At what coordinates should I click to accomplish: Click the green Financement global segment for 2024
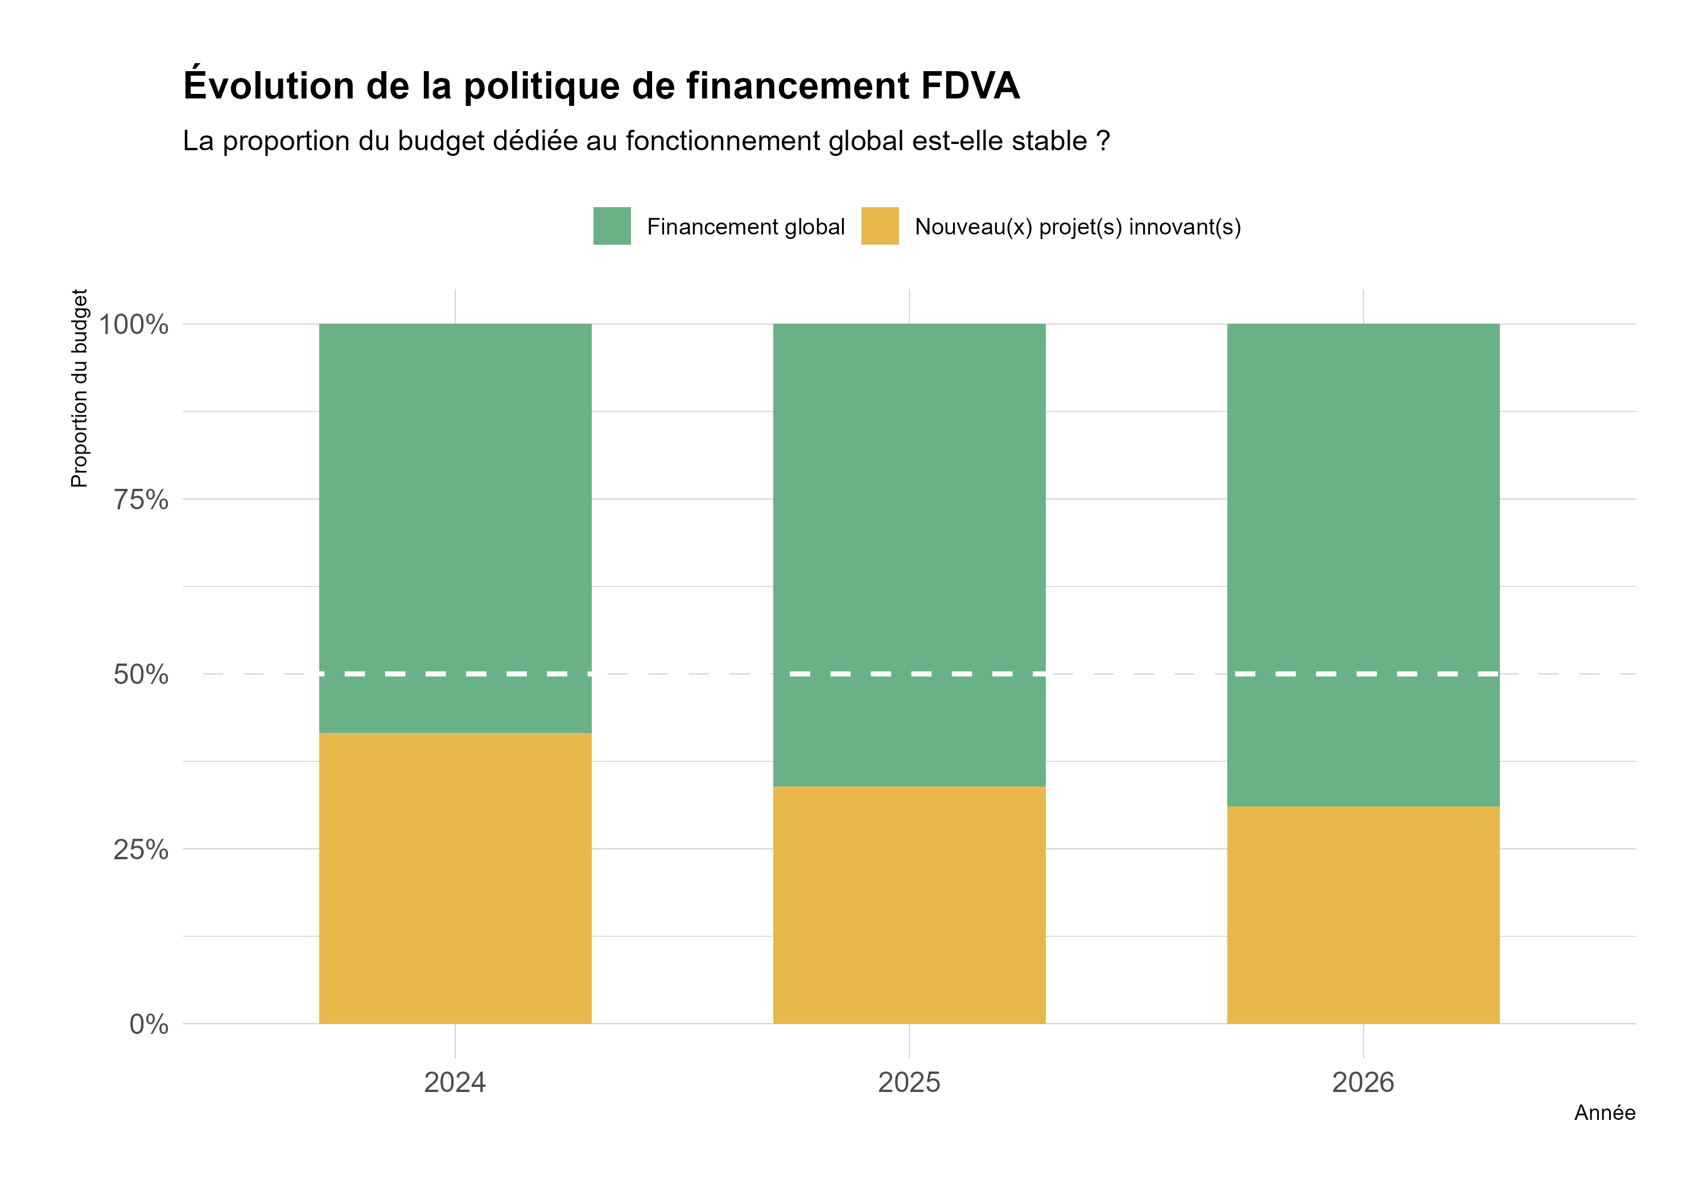click(x=455, y=521)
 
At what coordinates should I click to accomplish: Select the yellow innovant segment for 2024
click(x=455, y=877)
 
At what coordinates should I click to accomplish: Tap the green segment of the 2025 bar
click(x=909, y=550)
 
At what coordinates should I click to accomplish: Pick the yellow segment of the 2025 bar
click(x=909, y=904)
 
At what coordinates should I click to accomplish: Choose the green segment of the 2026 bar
click(x=1363, y=558)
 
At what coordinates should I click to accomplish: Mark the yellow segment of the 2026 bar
click(x=1363, y=914)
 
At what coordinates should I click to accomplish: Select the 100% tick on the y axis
click(x=134, y=324)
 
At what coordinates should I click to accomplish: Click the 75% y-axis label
click(x=141, y=500)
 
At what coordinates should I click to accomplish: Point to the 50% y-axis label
click(x=141, y=674)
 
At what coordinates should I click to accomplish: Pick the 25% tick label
click(x=141, y=849)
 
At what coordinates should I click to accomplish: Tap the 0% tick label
click(x=149, y=1024)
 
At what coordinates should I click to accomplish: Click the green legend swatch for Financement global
click(x=612, y=226)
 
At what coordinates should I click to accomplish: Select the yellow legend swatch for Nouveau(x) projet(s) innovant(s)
click(x=880, y=226)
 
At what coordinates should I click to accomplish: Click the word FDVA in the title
click(x=970, y=85)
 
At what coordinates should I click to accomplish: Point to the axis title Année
click(x=1605, y=1112)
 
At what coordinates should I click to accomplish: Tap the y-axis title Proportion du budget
click(x=79, y=388)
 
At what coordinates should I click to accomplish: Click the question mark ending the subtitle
click(x=1103, y=141)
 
